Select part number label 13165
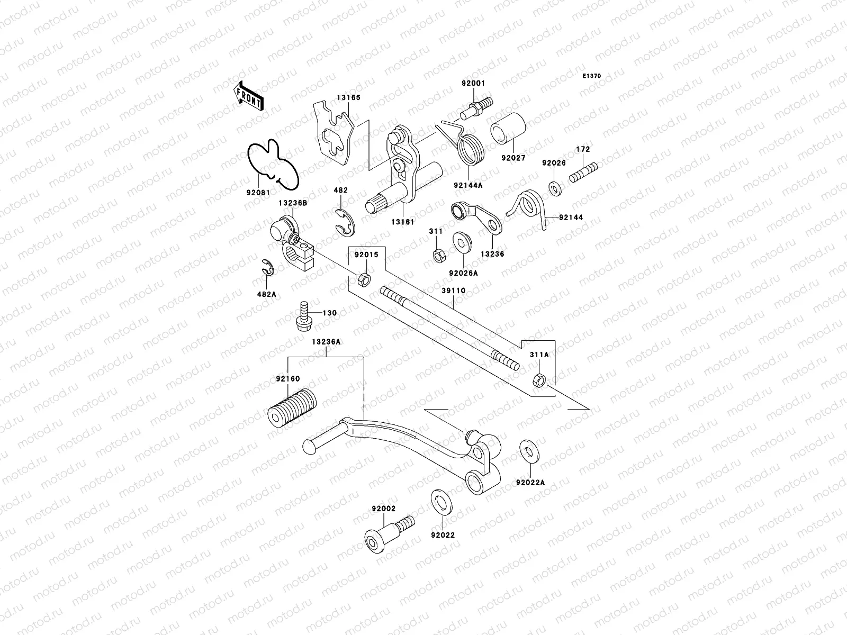pyautogui.click(x=347, y=97)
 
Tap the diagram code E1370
pyautogui.click(x=592, y=76)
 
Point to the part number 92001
pyautogui.click(x=473, y=84)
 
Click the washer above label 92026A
pyautogui.click(x=464, y=242)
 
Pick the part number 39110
pyautogui.click(x=454, y=291)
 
